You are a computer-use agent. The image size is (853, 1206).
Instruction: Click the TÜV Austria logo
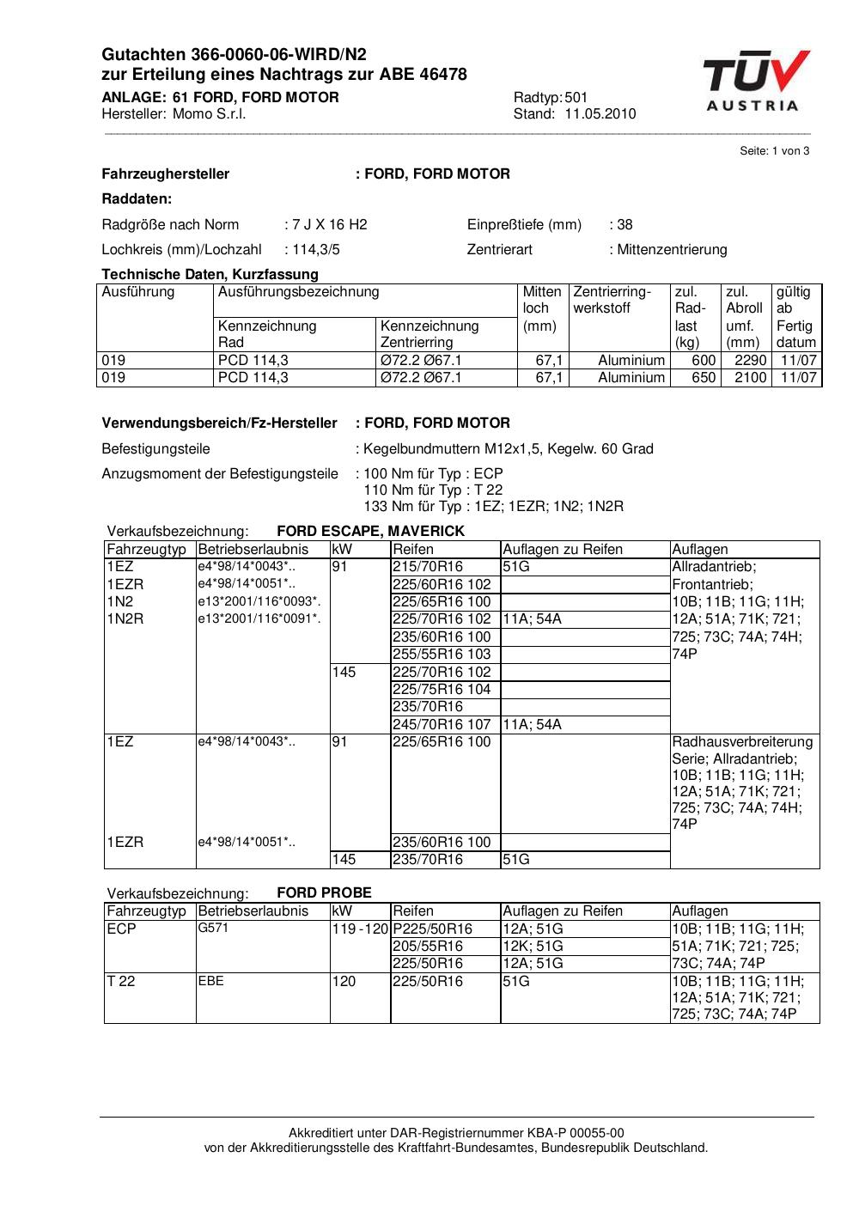[x=755, y=82]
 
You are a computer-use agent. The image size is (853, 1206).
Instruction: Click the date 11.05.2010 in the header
[x=600, y=114]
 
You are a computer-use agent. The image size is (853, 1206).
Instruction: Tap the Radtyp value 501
[x=576, y=98]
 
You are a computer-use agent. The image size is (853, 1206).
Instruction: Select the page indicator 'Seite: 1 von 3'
[x=774, y=151]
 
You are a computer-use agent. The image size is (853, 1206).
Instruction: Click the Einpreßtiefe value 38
[x=625, y=225]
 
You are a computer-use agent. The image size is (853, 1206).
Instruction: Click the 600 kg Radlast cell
[x=704, y=361]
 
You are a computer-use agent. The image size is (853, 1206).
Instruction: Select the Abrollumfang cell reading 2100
[x=750, y=378]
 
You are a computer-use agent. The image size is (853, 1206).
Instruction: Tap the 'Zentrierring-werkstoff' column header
[x=612, y=300]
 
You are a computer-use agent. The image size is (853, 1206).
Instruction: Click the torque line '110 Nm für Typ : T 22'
[x=434, y=490]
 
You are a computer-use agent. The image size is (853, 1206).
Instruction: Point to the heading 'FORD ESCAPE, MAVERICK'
[x=370, y=531]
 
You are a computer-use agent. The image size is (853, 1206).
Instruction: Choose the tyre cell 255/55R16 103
[x=442, y=655]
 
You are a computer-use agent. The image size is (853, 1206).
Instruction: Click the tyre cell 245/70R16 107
[x=442, y=725]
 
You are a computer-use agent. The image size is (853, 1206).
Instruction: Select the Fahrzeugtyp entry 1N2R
[x=125, y=619]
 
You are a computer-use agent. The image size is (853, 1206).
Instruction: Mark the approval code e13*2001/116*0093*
[x=259, y=602]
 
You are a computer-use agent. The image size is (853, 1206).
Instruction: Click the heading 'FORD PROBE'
[x=324, y=892]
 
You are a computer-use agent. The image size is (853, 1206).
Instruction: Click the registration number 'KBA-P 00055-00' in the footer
[x=575, y=1133]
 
